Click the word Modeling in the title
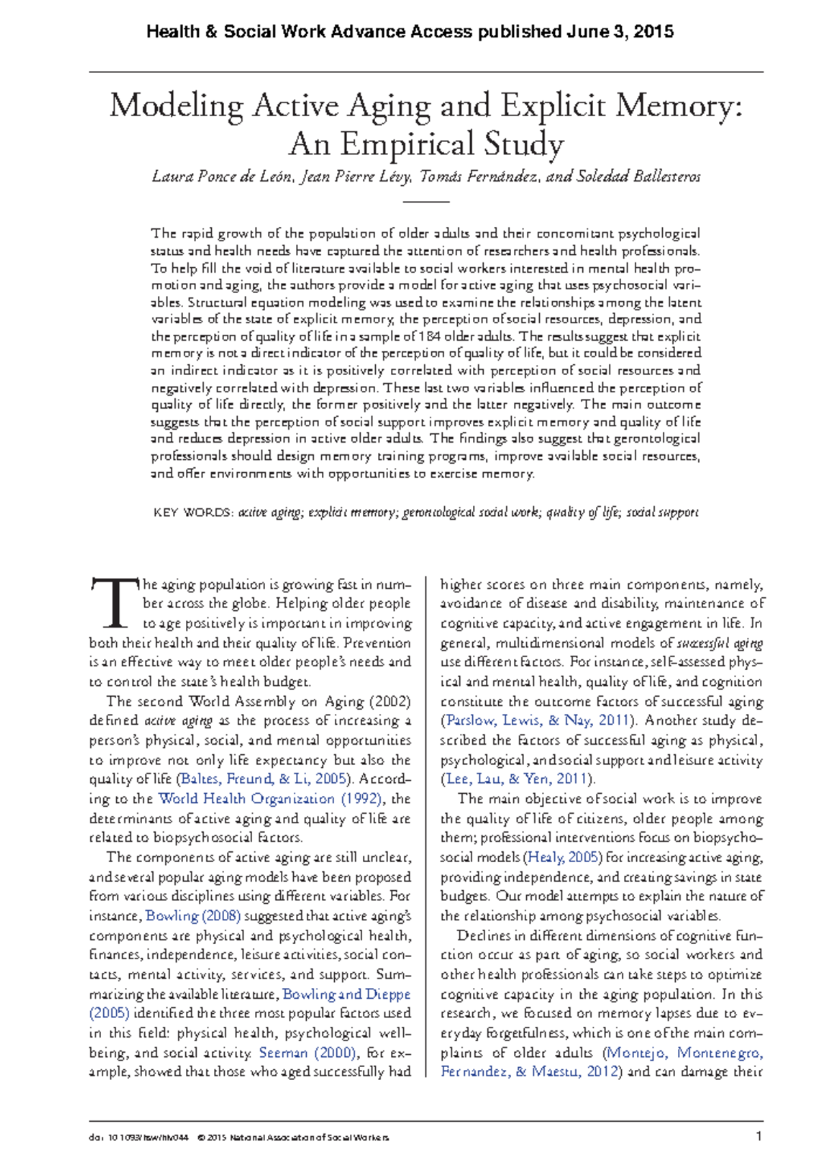click(x=176, y=106)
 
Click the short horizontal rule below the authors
click(x=426, y=202)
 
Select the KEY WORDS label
click(x=193, y=512)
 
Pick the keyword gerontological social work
click(x=470, y=512)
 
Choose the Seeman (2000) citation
click(x=307, y=1053)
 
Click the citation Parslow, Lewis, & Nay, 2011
click(x=538, y=720)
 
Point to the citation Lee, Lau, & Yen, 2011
click(x=517, y=779)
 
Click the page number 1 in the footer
click(x=758, y=1137)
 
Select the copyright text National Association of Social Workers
click(x=309, y=1138)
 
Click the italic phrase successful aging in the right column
click(x=720, y=643)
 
